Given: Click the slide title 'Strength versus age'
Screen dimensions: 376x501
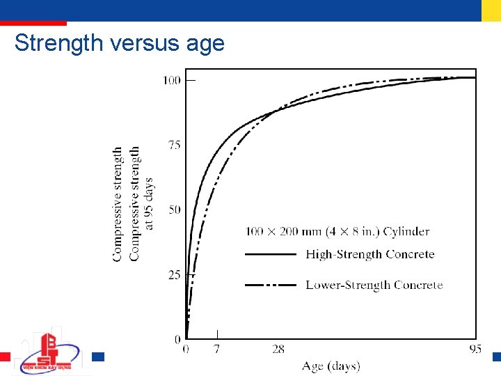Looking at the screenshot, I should [x=120, y=43].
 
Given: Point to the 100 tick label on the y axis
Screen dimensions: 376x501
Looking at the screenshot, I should [x=171, y=80].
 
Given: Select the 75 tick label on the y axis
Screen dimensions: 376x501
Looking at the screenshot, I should [x=174, y=145].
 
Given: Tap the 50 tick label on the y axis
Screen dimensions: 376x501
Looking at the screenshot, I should [x=174, y=210].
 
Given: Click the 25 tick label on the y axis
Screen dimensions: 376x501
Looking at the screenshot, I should [x=174, y=275].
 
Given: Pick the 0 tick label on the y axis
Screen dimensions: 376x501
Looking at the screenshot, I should [x=178, y=338].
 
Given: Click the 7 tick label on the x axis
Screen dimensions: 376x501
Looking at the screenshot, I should [x=217, y=349].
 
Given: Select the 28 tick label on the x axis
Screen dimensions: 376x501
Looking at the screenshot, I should [x=278, y=349].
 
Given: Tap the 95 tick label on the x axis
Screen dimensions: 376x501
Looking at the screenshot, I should [x=475, y=349].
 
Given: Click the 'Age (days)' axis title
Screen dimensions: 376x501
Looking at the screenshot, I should [x=331, y=366].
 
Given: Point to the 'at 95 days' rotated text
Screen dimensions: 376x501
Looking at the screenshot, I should [x=148, y=203].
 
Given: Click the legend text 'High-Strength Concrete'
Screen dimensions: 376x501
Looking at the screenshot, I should [x=369, y=254].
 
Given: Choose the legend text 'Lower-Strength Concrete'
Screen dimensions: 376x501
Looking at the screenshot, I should [x=374, y=285].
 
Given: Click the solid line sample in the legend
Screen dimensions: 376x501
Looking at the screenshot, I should [x=271, y=255].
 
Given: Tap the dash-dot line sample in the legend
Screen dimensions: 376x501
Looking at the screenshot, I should [x=271, y=285].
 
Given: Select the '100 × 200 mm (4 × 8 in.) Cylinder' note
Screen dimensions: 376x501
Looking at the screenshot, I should [x=337, y=231].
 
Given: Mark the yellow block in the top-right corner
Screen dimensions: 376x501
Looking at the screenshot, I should [x=491, y=10].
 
